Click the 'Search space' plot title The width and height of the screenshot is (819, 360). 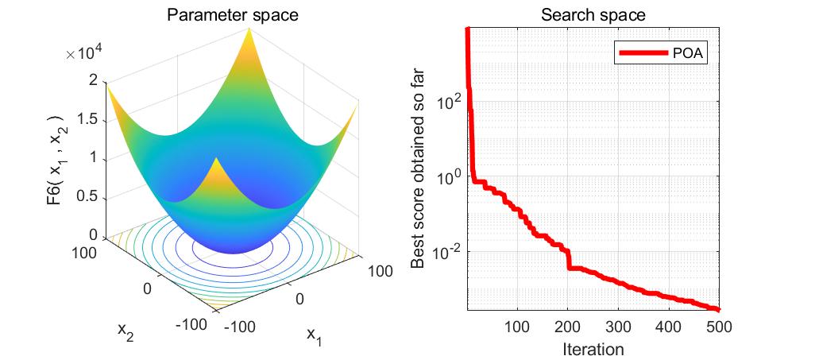click(x=593, y=14)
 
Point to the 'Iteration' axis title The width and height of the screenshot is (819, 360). click(x=592, y=349)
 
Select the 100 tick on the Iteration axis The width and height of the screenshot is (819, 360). click(x=517, y=327)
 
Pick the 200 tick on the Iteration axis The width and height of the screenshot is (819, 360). click(x=568, y=327)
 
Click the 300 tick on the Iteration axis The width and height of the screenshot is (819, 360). click(x=618, y=327)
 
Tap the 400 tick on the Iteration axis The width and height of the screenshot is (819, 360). click(x=669, y=327)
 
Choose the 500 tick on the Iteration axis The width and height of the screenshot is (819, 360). click(x=718, y=327)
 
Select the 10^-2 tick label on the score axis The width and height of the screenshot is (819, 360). click(x=448, y=251)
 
